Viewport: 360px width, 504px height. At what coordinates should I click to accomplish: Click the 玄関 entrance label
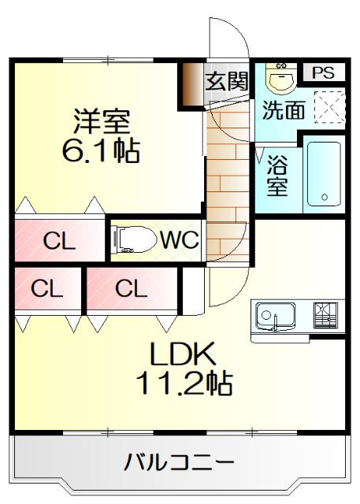coord(227,80)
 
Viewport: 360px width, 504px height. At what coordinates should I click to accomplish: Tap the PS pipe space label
coord(323,72)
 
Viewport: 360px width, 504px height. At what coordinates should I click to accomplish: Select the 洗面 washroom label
coord(283,110)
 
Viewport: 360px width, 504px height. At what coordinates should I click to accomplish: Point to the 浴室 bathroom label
coord(276,177)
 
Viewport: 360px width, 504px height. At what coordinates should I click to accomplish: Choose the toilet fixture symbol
coord(130,239)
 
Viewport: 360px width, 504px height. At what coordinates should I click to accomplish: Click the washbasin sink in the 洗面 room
coord(279,76)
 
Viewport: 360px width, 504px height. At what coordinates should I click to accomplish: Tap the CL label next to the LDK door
coord(131,288)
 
